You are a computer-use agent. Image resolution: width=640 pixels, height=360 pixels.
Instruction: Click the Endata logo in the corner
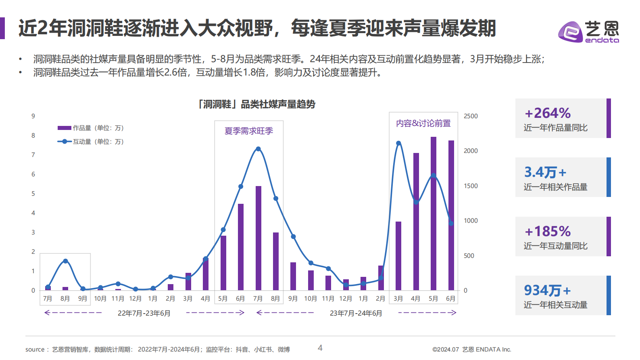[588, 32]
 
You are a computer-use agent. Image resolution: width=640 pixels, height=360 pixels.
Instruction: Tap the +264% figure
[548, 113]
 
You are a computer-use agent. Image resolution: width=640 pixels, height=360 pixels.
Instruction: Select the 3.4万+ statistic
[545, 172]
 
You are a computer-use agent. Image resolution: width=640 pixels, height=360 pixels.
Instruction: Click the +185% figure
[548, 231]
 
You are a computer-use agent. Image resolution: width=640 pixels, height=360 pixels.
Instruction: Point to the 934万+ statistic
[547, 290]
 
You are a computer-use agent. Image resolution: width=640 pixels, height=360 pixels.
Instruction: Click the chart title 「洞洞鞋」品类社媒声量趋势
[256, 104]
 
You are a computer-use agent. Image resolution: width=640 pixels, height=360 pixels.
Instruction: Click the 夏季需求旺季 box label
[249, 131]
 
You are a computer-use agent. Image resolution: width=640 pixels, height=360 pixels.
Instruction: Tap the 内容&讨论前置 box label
[423, 123]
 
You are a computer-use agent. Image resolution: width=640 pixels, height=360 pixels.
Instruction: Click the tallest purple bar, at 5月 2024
[434, 214]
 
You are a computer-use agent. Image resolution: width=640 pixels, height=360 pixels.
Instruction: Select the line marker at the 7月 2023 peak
[258, 149]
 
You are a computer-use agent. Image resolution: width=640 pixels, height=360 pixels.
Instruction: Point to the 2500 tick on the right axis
[471, 116]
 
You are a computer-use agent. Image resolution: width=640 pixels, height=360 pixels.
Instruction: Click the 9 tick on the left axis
[33, 116]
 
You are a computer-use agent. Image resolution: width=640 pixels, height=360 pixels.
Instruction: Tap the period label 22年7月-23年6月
[144, 313]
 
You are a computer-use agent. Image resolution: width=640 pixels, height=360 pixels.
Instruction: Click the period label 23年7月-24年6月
[356, 313]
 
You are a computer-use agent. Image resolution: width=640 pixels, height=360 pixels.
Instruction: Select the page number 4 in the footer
[320, 348]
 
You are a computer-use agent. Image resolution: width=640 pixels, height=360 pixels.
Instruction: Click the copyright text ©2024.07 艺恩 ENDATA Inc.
[471, 350]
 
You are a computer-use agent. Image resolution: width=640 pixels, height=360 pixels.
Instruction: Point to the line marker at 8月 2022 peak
[65, 261]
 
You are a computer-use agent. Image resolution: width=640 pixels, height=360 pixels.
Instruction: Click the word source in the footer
[35, 350]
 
